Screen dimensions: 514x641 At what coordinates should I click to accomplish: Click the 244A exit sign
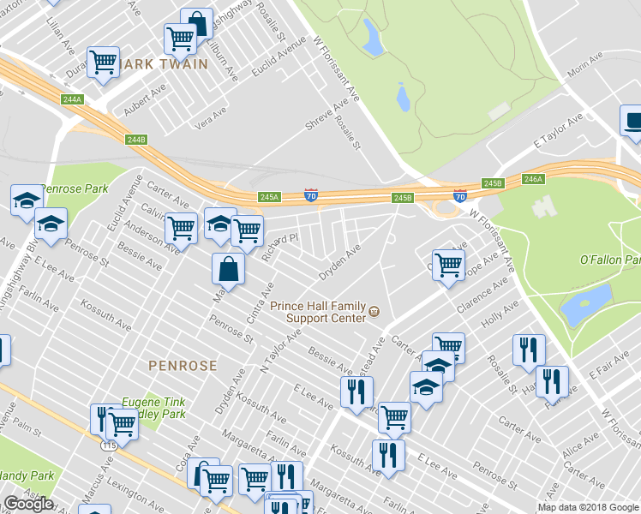(x=72, y=99)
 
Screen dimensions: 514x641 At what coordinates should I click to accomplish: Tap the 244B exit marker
(x=136, y=140)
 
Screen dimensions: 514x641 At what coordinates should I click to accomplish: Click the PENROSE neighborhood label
(x=183, y=365)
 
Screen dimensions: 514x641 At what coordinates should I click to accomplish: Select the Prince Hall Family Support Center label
(x=318, y=312)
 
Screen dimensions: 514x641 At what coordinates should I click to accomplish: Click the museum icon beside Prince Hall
(x=374, y=312)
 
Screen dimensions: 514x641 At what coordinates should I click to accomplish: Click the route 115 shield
(x=108, y=445)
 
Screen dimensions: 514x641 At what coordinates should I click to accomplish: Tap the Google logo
(x=27, y=503)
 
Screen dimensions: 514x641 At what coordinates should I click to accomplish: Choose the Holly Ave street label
(x=500, y=315)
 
